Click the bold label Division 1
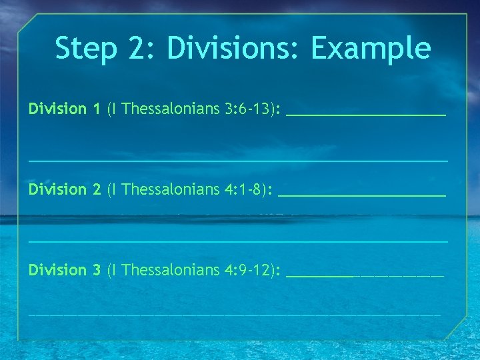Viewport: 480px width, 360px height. tap(65, 108)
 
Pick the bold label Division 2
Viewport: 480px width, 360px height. tap(65, 189)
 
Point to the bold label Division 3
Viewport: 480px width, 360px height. tap(65, 270)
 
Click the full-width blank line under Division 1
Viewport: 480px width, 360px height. tap(238, 161)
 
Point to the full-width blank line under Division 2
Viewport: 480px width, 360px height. tap(238, 241)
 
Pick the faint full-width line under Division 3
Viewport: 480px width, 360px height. tap(235, 314)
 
